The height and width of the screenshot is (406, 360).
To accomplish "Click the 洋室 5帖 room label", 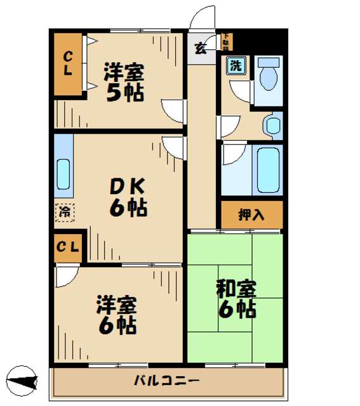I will pos(124,82).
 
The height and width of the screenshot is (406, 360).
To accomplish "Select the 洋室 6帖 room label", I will pos(116,315).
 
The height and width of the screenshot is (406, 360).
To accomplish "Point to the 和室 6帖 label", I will pos(236,299).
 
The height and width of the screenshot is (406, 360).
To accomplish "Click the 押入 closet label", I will pos(251,215).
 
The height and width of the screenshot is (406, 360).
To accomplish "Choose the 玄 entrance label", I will pos(200,48).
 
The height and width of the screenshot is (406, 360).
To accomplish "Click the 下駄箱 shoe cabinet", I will pos(226,43).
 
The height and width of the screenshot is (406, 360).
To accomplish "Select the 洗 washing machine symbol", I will pos(236,65).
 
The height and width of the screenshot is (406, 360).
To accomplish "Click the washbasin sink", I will pos(273,125).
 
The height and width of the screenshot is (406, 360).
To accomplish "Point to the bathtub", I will pos(267,170).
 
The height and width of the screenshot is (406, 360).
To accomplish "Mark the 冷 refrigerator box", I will pos(64,212).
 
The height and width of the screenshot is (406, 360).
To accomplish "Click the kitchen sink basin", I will pos(63,172).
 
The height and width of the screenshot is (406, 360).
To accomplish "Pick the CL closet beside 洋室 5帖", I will pos(67,63).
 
